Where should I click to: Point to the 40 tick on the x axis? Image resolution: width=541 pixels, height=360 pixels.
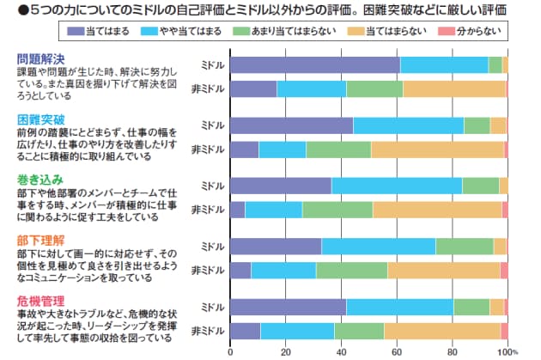(341, 351)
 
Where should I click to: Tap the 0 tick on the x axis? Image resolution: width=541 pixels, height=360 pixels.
(231, 351)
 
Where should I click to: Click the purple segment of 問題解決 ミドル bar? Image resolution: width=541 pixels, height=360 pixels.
(315, 64)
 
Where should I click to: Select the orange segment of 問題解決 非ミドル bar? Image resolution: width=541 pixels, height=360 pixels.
(454, 88)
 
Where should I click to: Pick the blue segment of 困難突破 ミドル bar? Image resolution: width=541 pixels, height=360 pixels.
(409, 125)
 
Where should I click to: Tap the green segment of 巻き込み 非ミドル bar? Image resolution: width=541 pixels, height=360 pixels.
(337, 209)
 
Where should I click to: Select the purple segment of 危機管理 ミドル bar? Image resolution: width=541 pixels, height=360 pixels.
(289, 307)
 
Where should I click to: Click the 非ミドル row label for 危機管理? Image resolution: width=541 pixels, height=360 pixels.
(207, 330)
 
